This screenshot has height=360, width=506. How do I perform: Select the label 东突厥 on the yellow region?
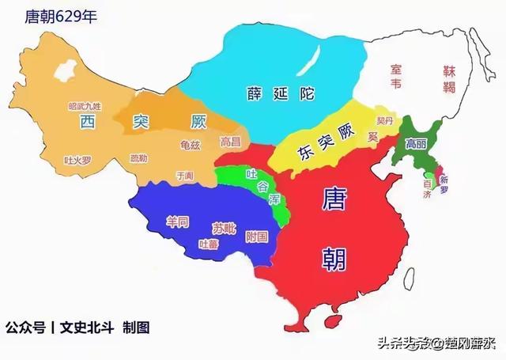pyautogui.click(x=314, y=147)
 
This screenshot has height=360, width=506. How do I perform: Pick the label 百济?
pyautogui.click(x=428, y=188)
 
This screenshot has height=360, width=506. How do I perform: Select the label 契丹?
pyautogui.click(x=384, y=121)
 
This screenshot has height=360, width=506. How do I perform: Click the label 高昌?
pyautogui.click(x=230, y=142)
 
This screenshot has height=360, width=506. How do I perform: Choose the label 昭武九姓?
pyautogui.click(x=85, y=106)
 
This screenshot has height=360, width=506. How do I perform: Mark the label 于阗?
pyautogui.click(x=184, y=174)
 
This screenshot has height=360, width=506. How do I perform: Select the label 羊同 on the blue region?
pyautogui.click(x=177, y=222)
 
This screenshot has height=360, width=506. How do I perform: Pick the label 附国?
pyautogui.click(x=256, y=236)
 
